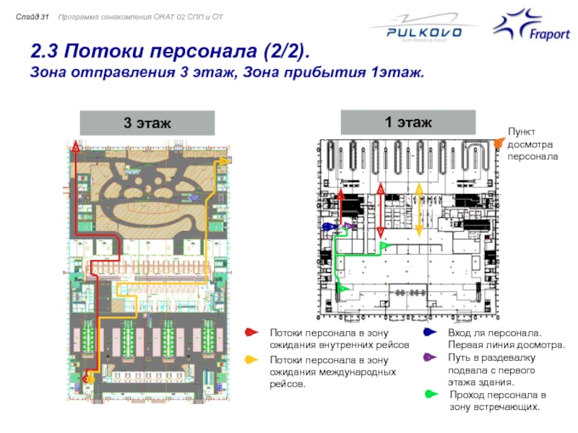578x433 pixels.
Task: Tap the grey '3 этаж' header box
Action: point(147,123)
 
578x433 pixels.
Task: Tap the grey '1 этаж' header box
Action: point(408,123)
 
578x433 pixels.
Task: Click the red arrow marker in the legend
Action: point(251,333)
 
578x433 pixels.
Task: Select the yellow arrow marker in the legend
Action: point(251,359)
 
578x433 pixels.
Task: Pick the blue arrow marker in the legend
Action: point(429,333)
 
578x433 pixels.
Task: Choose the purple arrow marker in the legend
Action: point(429,357)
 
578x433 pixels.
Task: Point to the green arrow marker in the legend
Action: point(431,395)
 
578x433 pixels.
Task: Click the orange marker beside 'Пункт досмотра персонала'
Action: point(498,142)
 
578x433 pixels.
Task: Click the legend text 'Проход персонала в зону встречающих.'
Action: point(497,401)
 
